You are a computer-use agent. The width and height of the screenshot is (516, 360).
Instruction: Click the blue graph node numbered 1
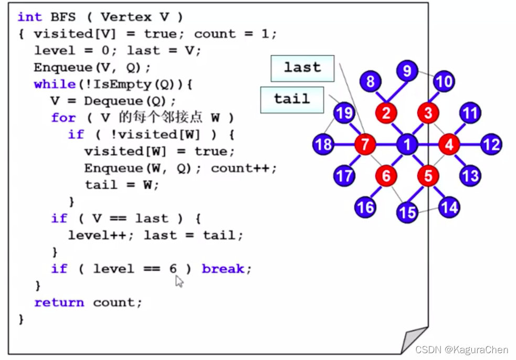(x=407, y=144)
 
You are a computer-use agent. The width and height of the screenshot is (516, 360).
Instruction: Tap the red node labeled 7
(x=364, y=144)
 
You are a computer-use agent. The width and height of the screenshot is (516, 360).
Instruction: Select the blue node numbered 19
(x=344, y=113)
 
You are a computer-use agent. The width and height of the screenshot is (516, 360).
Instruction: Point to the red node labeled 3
(x=428, y=113)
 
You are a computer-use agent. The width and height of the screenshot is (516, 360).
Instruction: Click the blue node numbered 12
(x=491, y=144)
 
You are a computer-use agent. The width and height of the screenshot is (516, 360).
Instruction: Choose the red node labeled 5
(x=428, y=176)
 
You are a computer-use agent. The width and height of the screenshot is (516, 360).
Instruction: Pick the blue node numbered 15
(x=407, y=212)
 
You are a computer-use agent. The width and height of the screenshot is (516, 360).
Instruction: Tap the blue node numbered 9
(x=407, y=70)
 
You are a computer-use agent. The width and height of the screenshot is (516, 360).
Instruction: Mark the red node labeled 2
(x=386, y=113)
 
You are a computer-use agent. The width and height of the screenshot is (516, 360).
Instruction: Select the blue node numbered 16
(x=365, y=207)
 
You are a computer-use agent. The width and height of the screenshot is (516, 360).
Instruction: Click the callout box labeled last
(x=302, y=68)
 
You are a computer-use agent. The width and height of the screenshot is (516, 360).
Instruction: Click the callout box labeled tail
(x=292, y=100)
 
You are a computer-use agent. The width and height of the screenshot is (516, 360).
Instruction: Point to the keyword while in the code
(x=55, y=84)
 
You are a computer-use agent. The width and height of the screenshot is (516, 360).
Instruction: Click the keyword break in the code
(x=223, y=269)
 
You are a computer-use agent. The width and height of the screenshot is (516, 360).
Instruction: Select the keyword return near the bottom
(x=59, y=303)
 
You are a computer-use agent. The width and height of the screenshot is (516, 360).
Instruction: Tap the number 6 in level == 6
(x=173, y=269)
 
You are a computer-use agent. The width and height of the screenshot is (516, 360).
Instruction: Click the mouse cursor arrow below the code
(x=179, y=282)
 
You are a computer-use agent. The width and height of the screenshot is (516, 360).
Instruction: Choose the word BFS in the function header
(x=61, y=17)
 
